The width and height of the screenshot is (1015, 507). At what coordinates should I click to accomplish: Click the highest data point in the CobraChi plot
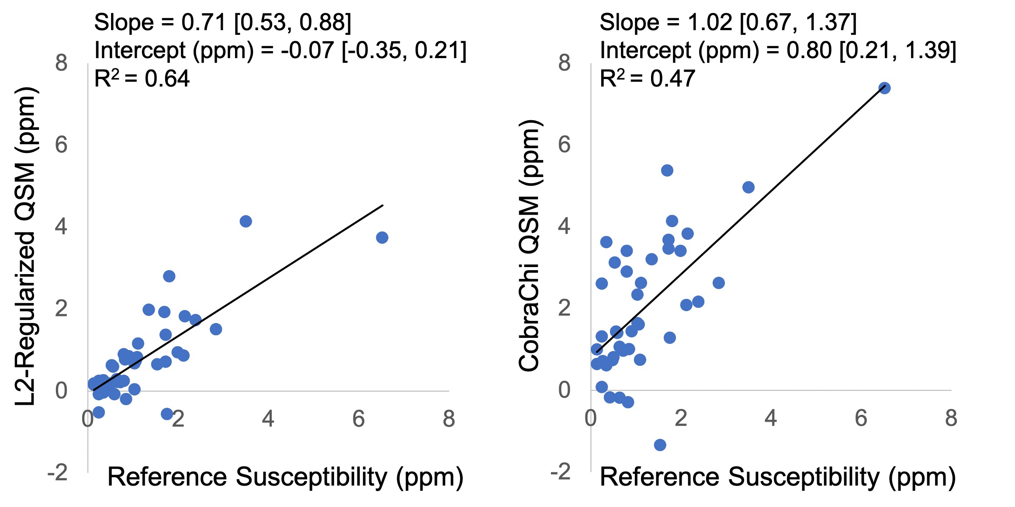[x=884, y=88]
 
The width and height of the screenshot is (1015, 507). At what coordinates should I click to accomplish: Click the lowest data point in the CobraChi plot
[x=660, y=445]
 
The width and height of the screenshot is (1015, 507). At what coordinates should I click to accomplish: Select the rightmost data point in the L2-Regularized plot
[x=382, y=237]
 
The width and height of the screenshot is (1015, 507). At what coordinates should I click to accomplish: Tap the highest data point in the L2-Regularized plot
[x=246, y=221]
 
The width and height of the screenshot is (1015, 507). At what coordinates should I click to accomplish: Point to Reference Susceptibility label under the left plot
[x=285, y=477]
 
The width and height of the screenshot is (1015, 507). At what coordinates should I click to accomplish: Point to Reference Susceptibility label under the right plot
[x=778, y=477]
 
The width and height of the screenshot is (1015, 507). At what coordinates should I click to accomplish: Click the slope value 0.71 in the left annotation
[x=204, y=22]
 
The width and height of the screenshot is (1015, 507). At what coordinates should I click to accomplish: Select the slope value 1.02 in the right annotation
[x=710, y=22]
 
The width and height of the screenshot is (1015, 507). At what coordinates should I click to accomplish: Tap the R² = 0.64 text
[x=142, y=79]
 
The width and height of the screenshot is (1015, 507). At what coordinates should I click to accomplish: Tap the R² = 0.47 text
[x=648, y=79]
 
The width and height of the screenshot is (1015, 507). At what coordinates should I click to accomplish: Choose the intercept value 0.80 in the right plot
[x=809, y=50]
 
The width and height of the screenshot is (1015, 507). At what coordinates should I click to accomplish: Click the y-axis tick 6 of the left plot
[x=61, y=145]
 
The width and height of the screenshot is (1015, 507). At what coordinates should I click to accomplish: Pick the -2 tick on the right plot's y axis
[x=560, y=472]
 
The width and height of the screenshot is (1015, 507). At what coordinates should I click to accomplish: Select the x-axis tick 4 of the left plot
[x=268, y=419]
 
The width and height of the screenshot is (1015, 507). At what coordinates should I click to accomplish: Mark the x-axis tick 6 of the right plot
[x=861, y=418]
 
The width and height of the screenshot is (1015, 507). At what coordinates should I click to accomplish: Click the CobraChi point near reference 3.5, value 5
[x=748, y=188]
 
